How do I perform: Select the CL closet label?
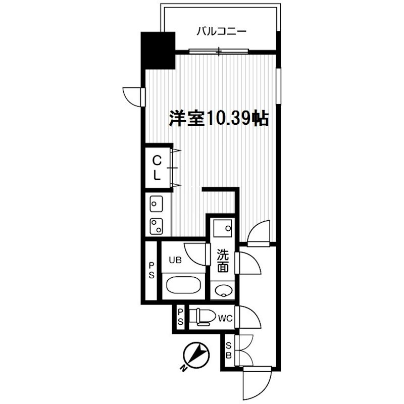(158, 168)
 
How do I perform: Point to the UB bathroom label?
(175, 261)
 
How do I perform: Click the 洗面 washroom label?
(222, 262)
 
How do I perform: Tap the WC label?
(225, 318)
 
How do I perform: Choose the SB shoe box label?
(229, 350)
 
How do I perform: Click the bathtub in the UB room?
(185, 285)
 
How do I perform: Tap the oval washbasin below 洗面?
(222, 290)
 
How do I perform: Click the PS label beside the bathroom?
(151, 270)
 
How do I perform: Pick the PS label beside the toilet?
(180, 317)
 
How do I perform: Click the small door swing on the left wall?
(132, 95)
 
